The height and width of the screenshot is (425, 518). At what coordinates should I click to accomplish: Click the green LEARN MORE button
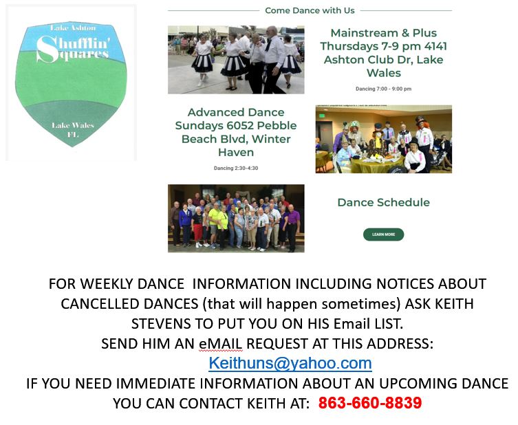pos(383,235)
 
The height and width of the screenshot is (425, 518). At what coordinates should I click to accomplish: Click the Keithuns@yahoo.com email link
pos(290,363)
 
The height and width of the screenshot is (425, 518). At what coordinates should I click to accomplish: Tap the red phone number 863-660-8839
pos(370,403)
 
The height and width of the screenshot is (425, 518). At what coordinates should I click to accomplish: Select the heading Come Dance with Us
pos(310,10)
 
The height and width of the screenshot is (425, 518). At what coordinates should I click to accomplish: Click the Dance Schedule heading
pos(384,202)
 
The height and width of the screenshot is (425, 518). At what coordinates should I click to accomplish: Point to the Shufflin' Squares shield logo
pos(71,84)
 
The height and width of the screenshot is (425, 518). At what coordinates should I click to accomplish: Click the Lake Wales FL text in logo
pos(73,129)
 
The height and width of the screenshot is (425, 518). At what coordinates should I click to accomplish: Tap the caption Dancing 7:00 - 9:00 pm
pos(384,89)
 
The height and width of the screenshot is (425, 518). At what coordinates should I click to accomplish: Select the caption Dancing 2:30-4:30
pos(236,168)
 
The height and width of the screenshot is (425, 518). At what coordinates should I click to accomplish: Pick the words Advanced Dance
pos(236,112)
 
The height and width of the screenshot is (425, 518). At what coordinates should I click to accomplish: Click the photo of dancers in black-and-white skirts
pos(236,60)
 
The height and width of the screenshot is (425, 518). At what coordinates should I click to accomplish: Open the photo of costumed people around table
pos(384,139)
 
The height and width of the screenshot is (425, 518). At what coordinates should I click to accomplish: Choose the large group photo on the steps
pos(236,218)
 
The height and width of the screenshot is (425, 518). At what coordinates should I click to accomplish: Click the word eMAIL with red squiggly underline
pos(221,344)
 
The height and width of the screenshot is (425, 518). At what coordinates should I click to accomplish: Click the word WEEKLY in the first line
pos(107,283)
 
